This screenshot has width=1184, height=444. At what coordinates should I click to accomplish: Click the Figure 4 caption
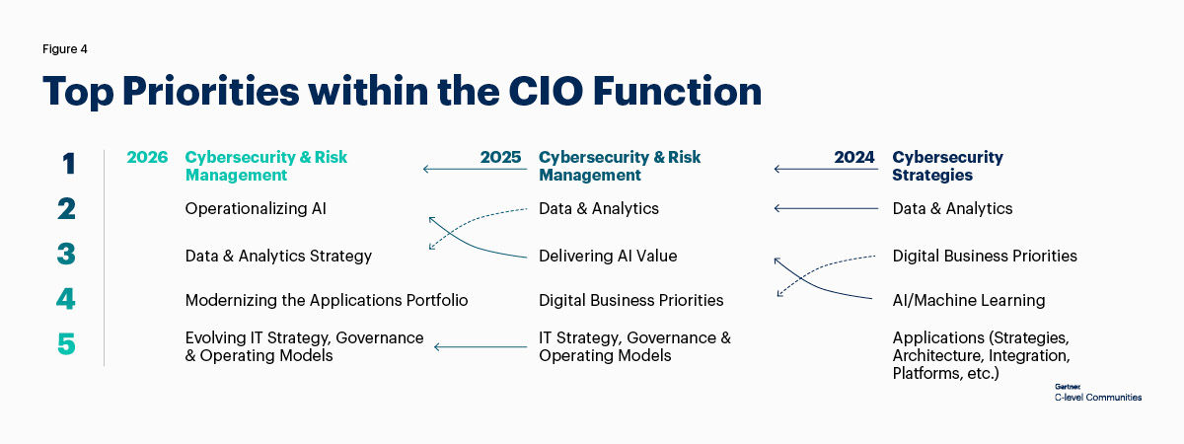coord(64,49)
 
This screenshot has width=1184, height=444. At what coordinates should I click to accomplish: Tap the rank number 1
coord(69,164)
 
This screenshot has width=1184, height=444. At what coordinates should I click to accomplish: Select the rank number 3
coord(66,254)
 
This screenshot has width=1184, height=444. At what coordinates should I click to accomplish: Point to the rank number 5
coord(66,343)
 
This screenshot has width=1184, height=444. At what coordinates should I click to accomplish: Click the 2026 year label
coord(147,157)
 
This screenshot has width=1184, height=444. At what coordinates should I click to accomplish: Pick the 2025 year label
coord(500,157)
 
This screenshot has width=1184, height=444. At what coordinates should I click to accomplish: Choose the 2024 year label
coord(854,157)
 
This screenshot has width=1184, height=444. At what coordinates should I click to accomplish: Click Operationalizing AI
coord(256,209)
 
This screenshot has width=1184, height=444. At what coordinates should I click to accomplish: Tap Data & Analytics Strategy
coord(278,256)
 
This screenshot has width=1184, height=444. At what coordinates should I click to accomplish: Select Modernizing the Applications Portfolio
coord(327,300)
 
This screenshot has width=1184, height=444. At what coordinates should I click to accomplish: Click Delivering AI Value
coord(608,256)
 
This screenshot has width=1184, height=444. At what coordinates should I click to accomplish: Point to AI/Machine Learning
coord(969,300)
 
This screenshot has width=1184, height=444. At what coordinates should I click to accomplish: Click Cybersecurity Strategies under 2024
coord(948,166)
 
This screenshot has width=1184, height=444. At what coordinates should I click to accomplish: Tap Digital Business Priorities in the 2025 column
coord(631,300)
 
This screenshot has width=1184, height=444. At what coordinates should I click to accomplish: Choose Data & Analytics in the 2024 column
coord(952,209)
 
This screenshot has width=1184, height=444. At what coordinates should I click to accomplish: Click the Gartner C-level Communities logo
coord(1098,394)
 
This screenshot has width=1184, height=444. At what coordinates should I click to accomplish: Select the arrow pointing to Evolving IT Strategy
coord(481,347)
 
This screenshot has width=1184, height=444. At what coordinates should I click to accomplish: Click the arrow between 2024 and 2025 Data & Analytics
coord(826,209)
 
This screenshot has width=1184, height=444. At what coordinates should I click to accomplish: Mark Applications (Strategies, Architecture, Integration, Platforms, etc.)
coord(981,356)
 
